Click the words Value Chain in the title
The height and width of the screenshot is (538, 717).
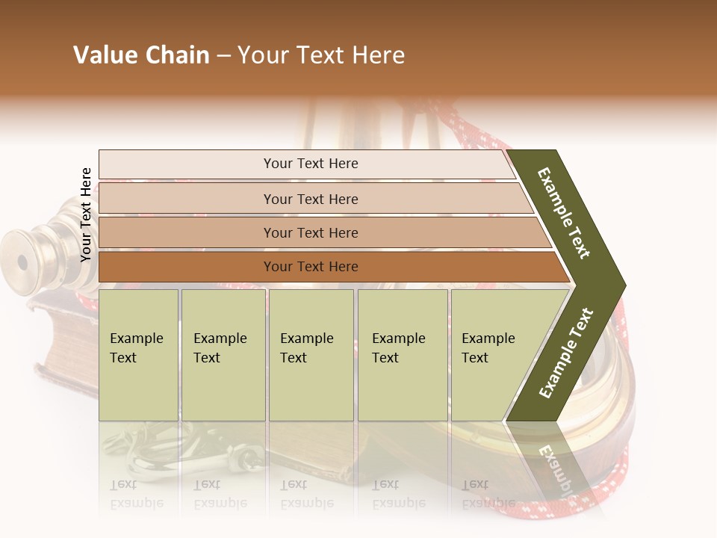[x=141, y=55]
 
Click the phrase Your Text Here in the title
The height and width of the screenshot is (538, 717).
[x=321, y=55]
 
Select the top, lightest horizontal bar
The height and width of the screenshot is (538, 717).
[x=310, y=164]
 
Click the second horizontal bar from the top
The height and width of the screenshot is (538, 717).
[x=310, y=199]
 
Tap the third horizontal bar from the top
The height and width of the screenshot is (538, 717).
[x=310, y=232]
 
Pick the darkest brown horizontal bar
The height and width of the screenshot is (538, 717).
[x=310, y=267]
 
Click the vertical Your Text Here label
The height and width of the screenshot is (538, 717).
[x=86, y=214]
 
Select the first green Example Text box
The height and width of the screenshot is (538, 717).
[x=138, y=355]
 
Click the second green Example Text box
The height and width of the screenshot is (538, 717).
[x=223, y=355]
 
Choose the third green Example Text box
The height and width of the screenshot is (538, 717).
[x=310, y=355]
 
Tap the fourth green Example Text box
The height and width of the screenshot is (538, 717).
[x=402, y=355]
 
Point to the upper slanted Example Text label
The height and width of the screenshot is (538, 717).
[x=564, y=213]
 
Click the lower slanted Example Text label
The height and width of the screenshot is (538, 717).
[x=566, y=353]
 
